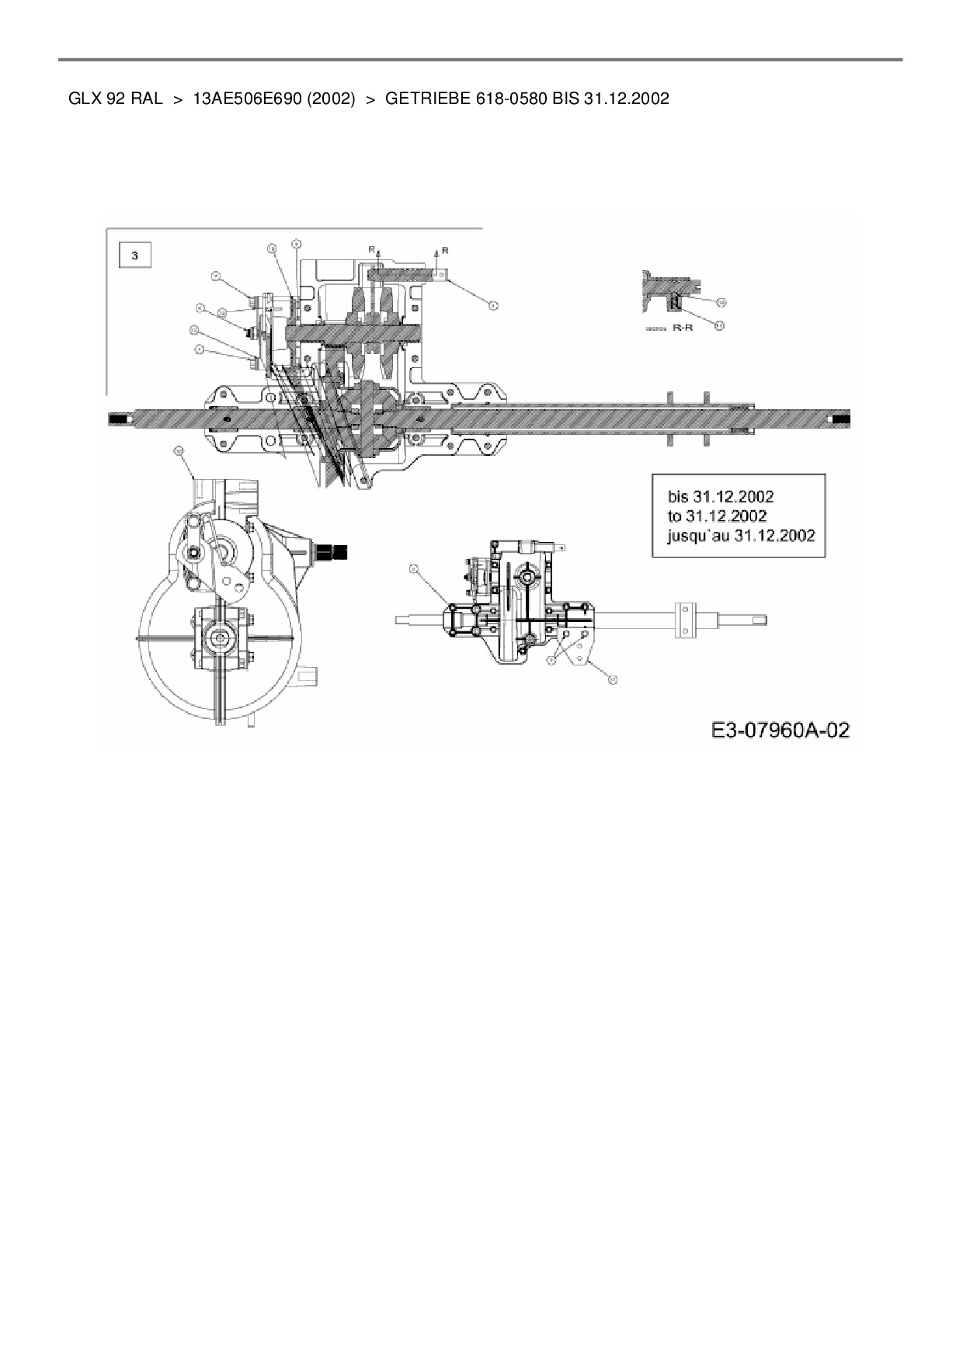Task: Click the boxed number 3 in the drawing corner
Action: pos(135,255)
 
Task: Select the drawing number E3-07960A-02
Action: pos(780,730)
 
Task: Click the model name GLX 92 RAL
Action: pos(116,99)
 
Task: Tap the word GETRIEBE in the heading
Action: pos(427,99)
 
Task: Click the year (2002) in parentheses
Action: pos(332,99)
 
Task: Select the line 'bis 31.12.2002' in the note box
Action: pos(721,496)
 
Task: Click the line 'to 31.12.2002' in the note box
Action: pos(717,516)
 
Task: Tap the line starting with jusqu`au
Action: pos(741,535)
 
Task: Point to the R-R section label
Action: pos(683,328)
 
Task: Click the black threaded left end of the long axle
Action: pos(120,420)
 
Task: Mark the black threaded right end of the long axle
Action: pos(840,419)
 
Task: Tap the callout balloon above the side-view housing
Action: pos(178,450)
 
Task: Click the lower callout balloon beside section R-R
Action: pos(719,325)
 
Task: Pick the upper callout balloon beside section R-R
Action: pos(721,301)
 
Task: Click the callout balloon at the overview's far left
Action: pos(415,569)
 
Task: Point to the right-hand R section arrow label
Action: pos(445,250)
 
